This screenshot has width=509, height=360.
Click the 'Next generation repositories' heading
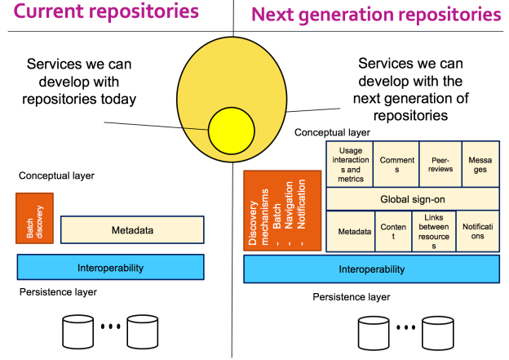376,15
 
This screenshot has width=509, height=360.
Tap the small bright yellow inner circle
232,128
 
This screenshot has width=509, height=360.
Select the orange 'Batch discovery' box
34,218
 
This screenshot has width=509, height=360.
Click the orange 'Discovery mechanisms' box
282,211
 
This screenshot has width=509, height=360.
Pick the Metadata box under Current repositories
132,230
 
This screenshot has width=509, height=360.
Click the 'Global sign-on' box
413,198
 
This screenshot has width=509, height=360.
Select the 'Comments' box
397,164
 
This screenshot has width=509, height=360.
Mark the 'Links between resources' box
433,231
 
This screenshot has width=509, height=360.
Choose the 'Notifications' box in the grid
478,231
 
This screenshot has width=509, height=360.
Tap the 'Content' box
392,231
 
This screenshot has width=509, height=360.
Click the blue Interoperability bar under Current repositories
110,267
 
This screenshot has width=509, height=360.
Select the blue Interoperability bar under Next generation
371,269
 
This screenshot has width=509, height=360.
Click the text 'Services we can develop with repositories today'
81,81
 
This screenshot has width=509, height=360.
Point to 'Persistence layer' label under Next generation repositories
351,296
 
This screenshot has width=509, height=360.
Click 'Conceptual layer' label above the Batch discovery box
56,176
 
